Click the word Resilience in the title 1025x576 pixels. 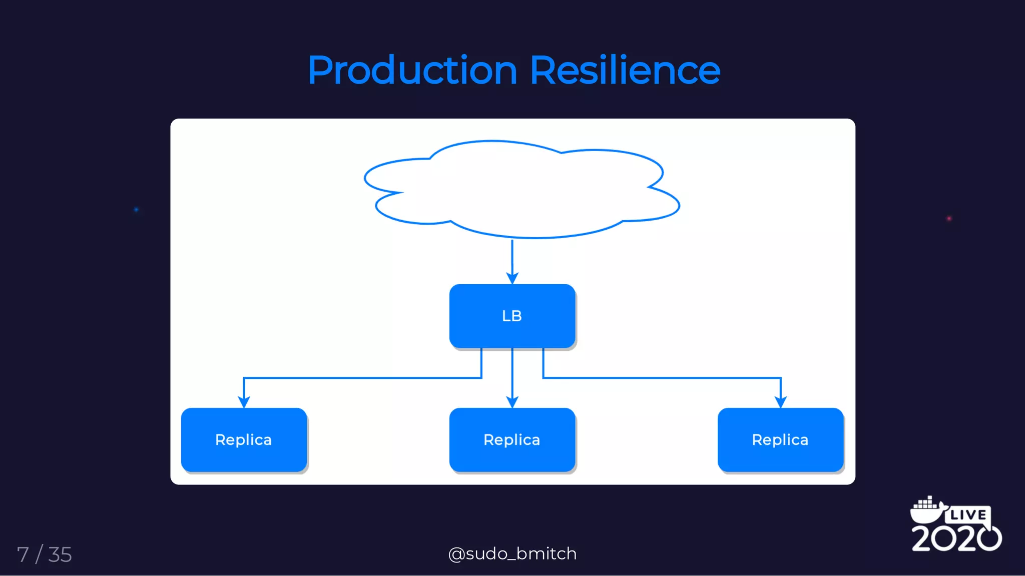(625, 71)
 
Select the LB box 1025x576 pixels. (512, 316)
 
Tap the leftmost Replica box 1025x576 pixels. (244, 439)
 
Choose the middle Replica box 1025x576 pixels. (512, 439)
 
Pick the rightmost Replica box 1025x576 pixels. (780, 439)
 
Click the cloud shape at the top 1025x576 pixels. (521, 190)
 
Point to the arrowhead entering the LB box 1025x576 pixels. (512, 278)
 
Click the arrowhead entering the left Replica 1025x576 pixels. (244, 402)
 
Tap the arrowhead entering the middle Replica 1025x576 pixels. (512, 402)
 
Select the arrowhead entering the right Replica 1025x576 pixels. (781, 402)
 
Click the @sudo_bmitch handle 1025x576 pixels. (512, 553)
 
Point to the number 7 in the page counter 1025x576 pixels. (23, 554)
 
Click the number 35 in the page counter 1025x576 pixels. (60, 554)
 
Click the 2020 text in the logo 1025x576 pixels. (956, 538)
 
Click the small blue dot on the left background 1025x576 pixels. (136, 210)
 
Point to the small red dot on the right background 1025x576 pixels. (949, 219)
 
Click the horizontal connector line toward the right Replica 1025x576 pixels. (661, 378)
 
